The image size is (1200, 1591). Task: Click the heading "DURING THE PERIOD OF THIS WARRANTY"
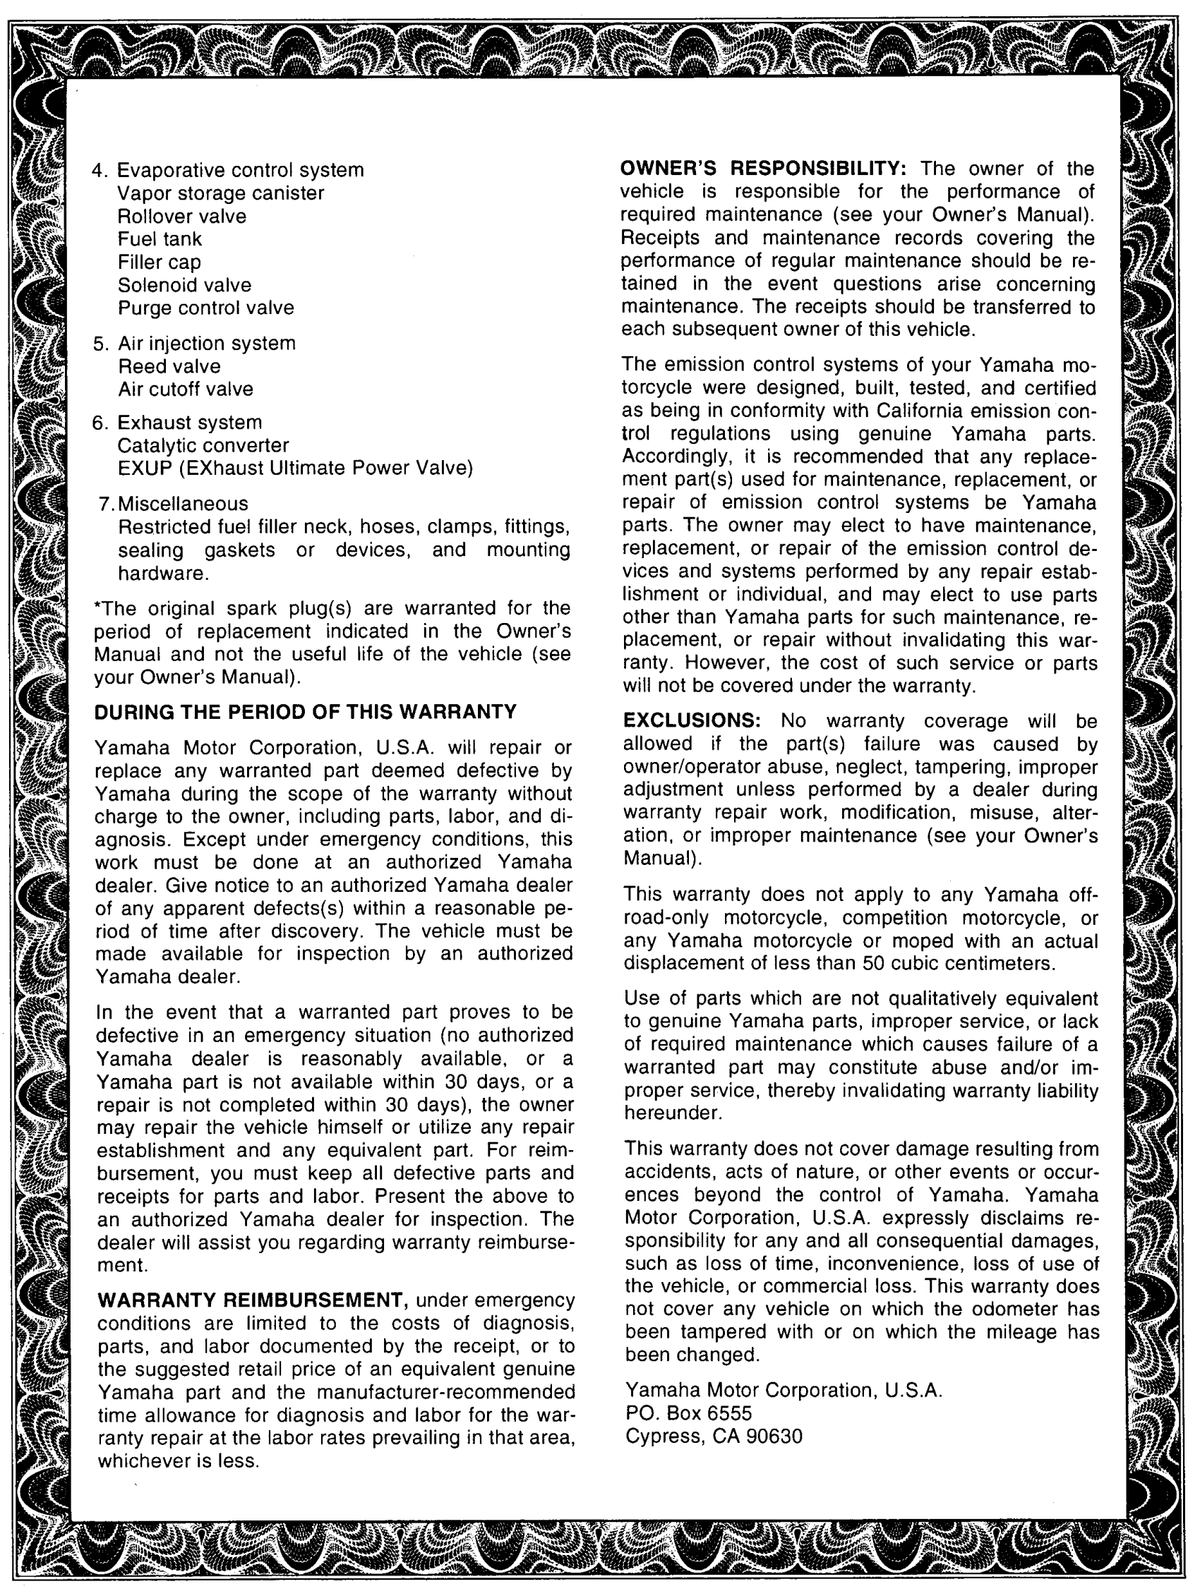[x=305, y=712]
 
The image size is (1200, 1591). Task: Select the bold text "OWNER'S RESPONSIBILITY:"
[x=763, y=169]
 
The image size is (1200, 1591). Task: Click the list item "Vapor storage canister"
[x=220, y=193]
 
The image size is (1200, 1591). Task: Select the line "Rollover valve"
[x=181, y=217]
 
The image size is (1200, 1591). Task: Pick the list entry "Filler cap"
[x=159, y=262]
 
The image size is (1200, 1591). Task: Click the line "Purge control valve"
[x=205, y=308]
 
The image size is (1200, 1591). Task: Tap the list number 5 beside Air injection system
[x=100, y=344]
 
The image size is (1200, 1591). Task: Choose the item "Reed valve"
[x=169, y=366]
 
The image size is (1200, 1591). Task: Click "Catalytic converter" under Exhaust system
[x=203, y=446]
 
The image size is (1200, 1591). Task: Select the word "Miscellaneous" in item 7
[x=184, y=504]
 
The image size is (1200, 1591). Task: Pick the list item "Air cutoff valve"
[x=186, y=389]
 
